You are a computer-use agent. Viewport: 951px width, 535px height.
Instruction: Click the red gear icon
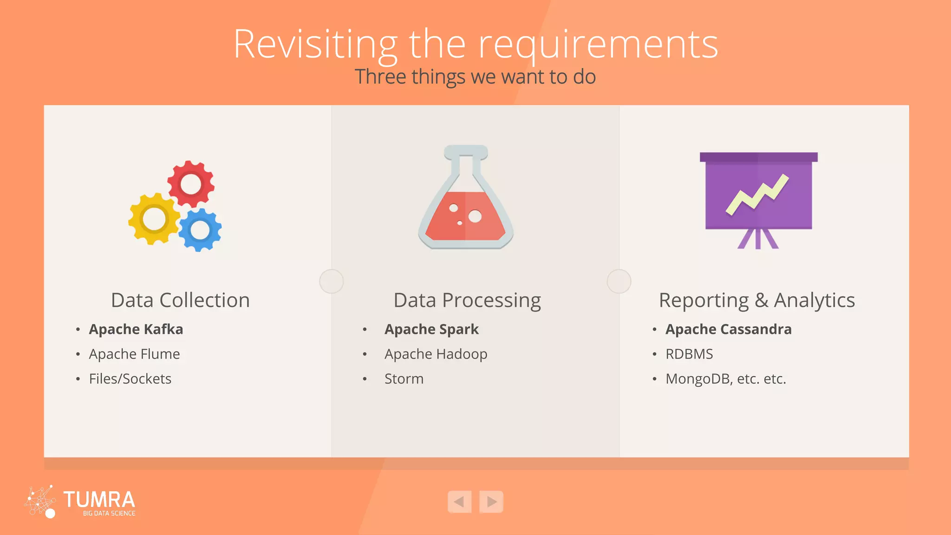coord(191,184)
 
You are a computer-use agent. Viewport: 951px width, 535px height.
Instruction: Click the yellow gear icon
coord(154,219)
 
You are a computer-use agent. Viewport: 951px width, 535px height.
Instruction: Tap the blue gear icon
coord(200,230)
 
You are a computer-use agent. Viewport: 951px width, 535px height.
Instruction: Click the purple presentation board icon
coord(758,195)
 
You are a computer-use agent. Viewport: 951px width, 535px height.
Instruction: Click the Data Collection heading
coord(180,300)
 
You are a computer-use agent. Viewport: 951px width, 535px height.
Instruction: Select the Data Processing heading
coord(467,300)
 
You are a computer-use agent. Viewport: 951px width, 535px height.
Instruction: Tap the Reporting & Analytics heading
coord(757,300)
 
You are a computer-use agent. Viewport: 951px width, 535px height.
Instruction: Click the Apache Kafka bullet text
coord(136,329)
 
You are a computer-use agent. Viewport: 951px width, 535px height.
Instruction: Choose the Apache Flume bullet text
coord(134,354)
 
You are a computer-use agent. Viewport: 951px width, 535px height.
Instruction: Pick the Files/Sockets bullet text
coord(130,379)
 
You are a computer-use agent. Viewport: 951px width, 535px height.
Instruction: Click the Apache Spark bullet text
coord(431,329)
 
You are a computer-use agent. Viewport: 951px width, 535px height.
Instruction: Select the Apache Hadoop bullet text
coord(436,354)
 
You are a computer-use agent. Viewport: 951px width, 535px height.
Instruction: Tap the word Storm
coord(404,379)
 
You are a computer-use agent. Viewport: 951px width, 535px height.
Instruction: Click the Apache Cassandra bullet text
coord(728,329)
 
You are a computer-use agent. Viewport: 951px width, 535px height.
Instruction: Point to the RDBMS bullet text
coord(689,354)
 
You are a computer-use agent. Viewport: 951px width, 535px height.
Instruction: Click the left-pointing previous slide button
coord(459,502)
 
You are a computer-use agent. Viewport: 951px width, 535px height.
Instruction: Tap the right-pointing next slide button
coord(491,502)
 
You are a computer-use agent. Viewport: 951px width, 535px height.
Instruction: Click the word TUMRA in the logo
coord(99,500)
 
